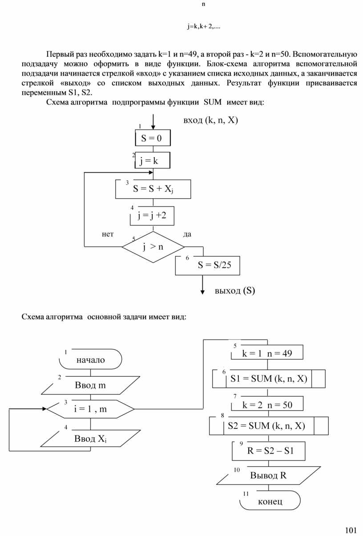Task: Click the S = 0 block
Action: (x=153, y=138)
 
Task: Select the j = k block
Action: (x=153, y=161)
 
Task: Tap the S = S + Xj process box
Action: (x=153, y=189)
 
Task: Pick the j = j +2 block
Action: (x=152, y=216)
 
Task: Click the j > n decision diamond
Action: (x=153, y=247)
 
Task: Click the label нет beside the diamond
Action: (x=108, y=234)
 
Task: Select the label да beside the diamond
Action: (x=187, y=234)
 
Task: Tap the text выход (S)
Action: (x=235, y=291)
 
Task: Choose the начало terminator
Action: (x=90, y=359)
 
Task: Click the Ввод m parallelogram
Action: (x=90, y=385)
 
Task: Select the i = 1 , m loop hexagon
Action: (x=90, y=409)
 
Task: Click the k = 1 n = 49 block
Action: (x=267, y=353)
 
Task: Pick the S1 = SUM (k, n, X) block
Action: (x=269, y=379)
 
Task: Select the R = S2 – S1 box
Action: (x=269, y=451)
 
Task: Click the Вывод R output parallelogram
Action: (x=268, y=475)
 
